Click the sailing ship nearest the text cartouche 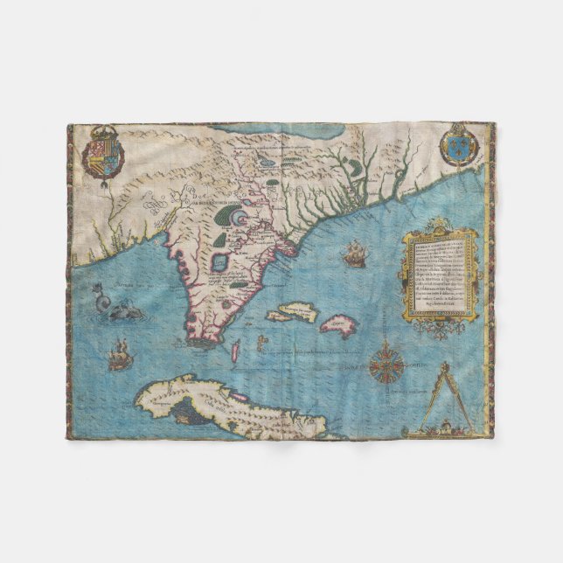pos(354,255)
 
